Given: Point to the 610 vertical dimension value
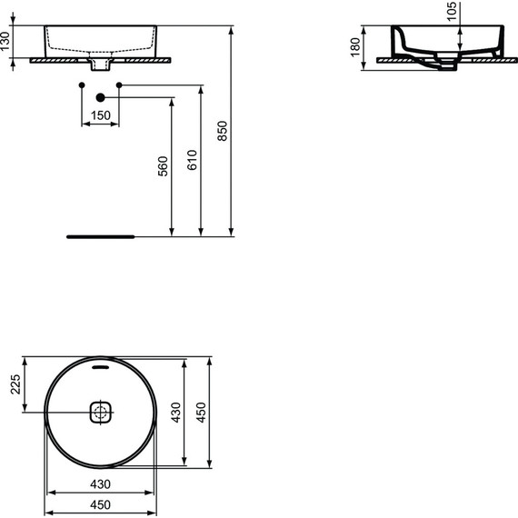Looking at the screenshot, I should pyautogui.click(x=191, y=161).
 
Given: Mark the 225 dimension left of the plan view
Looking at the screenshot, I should pyautogui.click(x=14, y=386).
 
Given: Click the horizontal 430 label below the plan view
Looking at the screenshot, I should pyautogui.click(x=99, y=483).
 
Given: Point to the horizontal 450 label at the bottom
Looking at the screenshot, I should pyautogui.click(x=99, y=505).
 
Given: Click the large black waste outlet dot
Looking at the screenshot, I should pyautogui.click(x=101, y=96).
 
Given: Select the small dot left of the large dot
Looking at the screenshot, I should pyautogui.click(x=82, y=85).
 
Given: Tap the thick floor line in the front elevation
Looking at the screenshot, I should pyautogui.click(x=100, y=234).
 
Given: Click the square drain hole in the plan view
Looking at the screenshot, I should pyautogui.click(x=101, y=413).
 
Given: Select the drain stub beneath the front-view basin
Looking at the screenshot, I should pyautogui.click(x=101, y=65).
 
